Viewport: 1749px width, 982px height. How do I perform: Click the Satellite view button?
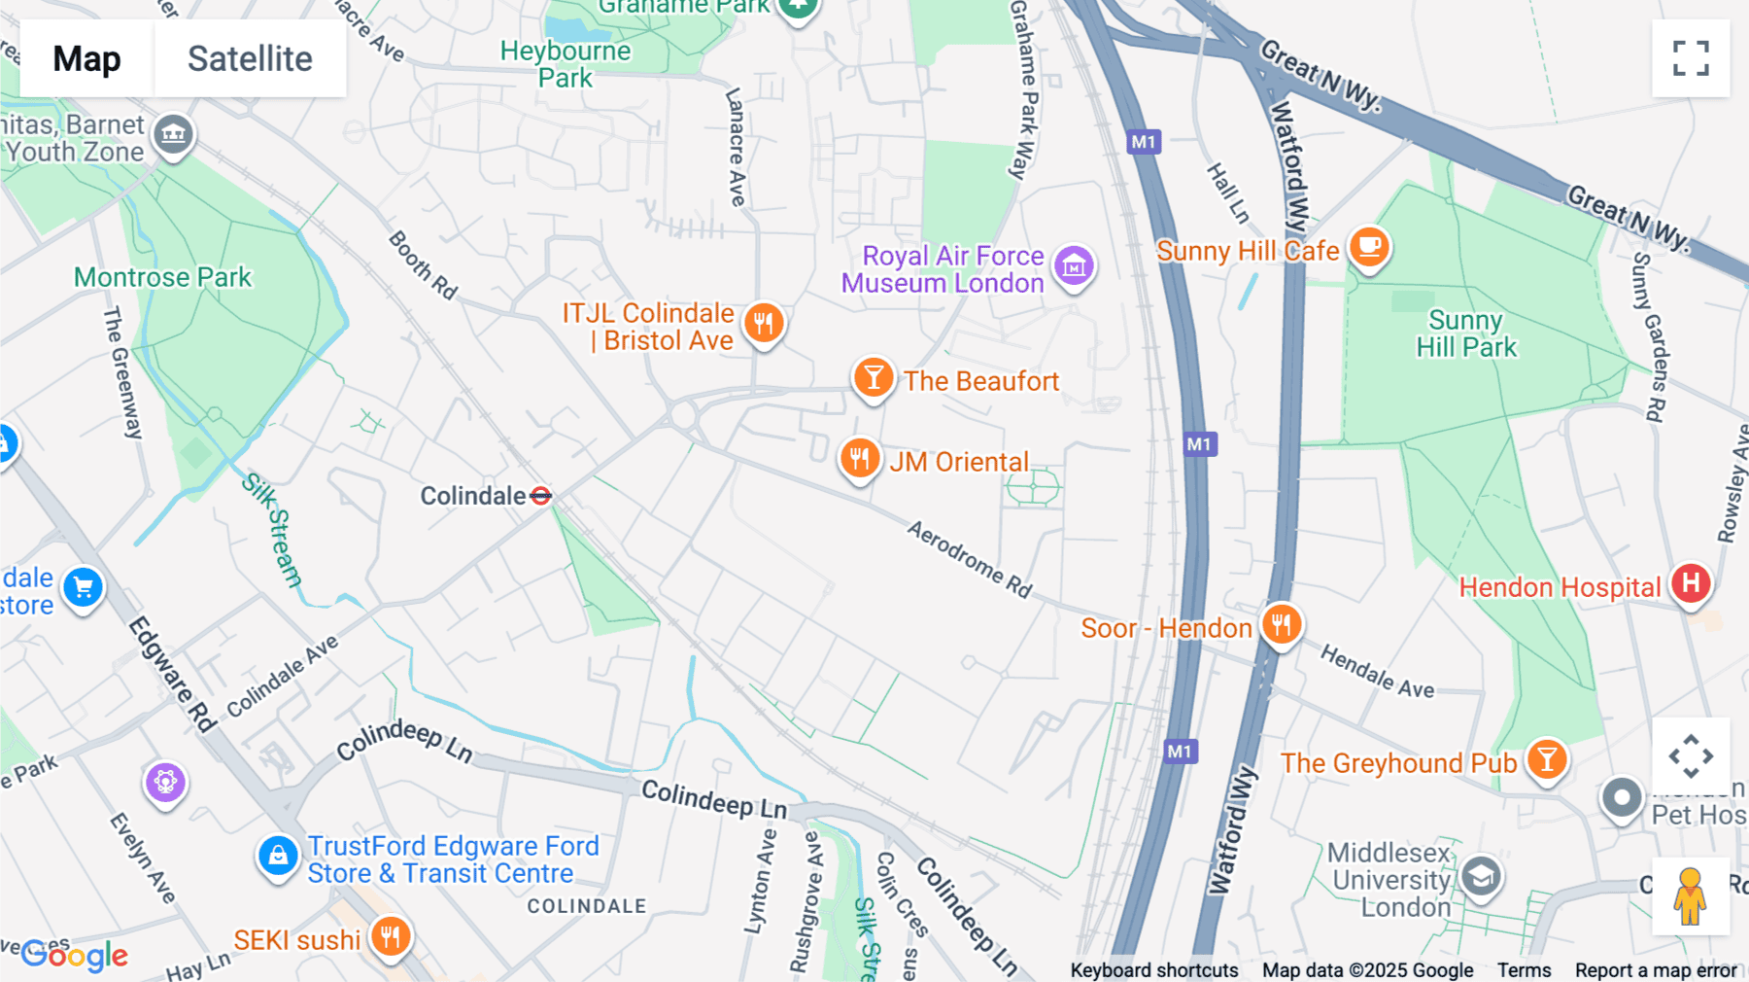pos(250,58)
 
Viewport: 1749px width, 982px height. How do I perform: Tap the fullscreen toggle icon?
pos(1691,58)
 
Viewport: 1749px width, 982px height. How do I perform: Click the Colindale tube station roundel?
pos(541,496)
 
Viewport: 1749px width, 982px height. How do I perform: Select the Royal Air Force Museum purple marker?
pos(1074,264)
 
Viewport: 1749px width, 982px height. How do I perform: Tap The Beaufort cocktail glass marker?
pos(874,377)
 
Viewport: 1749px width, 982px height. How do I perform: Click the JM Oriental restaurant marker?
pos(860,458)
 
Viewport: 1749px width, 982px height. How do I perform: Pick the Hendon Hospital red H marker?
pos(1691,583)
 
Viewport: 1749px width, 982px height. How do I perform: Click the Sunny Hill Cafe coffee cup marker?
pos(1369,247)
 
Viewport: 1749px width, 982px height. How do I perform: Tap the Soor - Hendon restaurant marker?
pos(1282,624)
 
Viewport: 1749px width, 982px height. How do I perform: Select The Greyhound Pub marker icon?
pos(1547,759)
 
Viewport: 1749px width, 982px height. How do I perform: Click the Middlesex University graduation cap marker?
pos(1481,877)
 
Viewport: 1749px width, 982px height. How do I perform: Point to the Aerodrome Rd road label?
pos(969,559)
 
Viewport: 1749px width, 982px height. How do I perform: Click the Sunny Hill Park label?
pos(1465,333)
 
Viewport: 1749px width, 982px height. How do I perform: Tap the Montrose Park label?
pos(162,278)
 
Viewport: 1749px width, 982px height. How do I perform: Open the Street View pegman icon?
pos(1690,896)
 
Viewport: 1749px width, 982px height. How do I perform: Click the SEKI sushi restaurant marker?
pos(391,937)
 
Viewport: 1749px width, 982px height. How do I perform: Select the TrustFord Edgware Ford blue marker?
pos(278,856)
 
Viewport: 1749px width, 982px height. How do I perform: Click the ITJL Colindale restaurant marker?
pos(764,323)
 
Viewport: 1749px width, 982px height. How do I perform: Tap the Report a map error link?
pos(1656,970)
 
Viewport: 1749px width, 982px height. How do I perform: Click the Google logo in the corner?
pos(75,956)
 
